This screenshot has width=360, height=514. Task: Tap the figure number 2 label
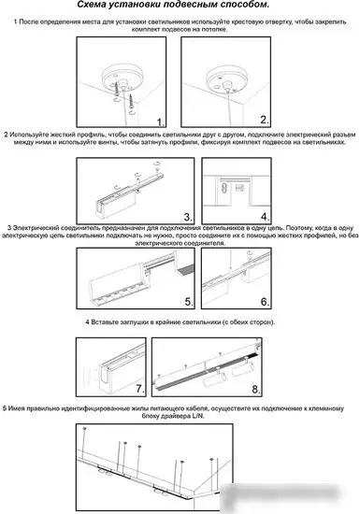click(265, 121)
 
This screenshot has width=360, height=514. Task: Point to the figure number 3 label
click(187, 216)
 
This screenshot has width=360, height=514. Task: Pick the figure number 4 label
click(265, 216)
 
